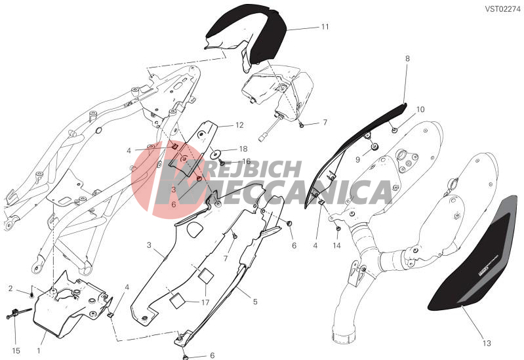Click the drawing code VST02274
502,9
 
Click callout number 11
325,27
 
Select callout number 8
407,58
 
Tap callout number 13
487,343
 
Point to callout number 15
16,351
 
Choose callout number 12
239,125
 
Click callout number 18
243,149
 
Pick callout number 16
247,161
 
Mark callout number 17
205,302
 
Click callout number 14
336,246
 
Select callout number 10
420,110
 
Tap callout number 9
357,160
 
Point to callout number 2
10,288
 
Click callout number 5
255,302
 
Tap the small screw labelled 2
31,295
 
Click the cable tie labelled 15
17,313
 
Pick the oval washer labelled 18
216,155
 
